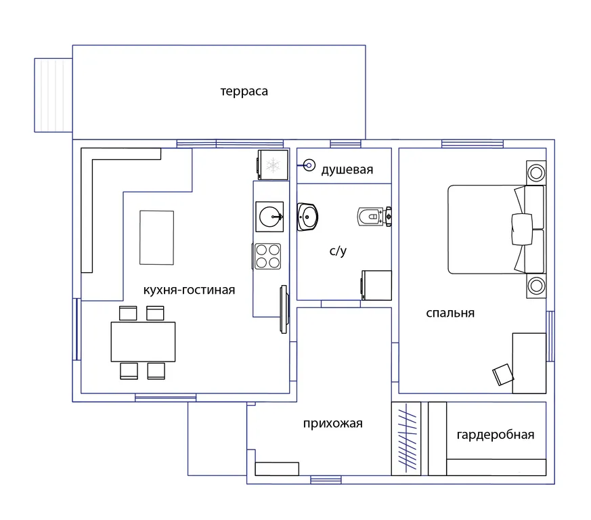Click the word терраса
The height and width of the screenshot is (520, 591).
[x=244, y=91]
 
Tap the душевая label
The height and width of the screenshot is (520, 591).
[x=347, y=170]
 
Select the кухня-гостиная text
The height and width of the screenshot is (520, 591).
[x=189, y=290]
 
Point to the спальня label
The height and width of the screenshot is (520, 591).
[x=450, y=313]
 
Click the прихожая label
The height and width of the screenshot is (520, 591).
[x=333, y=423]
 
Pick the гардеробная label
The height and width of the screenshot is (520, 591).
[x=496, y=435]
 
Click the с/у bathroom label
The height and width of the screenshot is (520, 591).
[x=338, y=251]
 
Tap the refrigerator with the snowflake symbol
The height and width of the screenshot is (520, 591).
[x=273, y=165]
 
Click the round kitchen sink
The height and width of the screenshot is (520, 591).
[x=269, y=217]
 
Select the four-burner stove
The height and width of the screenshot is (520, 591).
[x=267, y=257]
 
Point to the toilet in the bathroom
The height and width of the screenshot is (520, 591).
[x=374, y=217]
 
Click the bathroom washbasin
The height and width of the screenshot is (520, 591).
[x=307, y=217]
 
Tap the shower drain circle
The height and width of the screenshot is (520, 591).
[x=309, y=165]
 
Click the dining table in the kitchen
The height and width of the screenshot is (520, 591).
[x=143, y=342]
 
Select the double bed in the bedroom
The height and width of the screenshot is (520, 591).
[x=496, y=230]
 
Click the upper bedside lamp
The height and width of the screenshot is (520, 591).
[x=536, y=173]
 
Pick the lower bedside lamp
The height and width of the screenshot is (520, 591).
[x=536, y=286]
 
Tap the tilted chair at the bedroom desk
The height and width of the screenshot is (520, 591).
[x=503, y=374]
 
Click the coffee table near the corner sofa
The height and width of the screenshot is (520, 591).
[x=157, y=238]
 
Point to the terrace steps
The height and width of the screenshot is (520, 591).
[x=53, y=95]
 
